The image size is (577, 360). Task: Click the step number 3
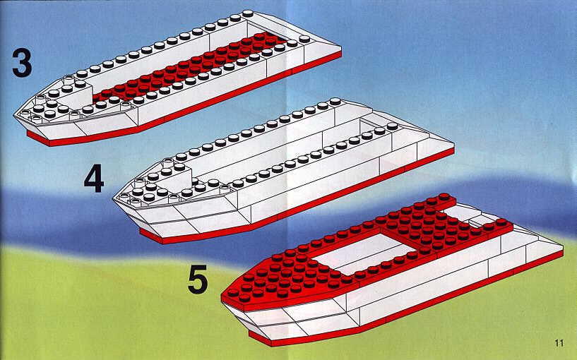tap(22, 63)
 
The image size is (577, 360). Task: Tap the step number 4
tap(94, 179)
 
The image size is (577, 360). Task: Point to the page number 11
tap(559, 343)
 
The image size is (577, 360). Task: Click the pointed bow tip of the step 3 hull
tap(15, 115)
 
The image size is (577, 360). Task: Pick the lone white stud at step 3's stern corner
tap(304, 39)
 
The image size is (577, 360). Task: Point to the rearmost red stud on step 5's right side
tap(501, 222)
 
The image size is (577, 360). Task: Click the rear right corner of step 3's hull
tap(340, 52)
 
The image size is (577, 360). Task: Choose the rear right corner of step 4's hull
tap(453, 146)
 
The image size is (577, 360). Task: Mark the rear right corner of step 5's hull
tap(562, 250)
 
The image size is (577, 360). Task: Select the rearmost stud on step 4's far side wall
tap(335, 101)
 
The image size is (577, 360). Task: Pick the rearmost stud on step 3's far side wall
tap(248, 13)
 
